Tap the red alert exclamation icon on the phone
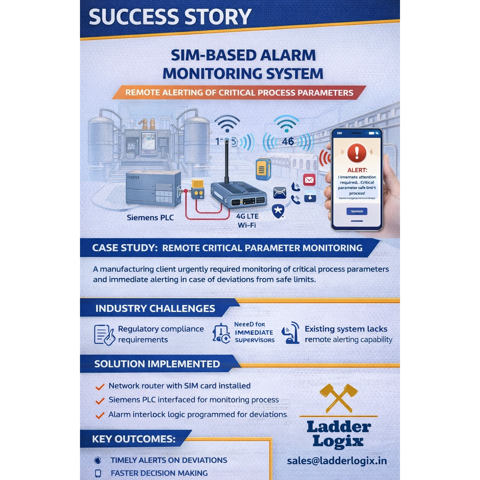[357, 153]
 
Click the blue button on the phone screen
[357, 212]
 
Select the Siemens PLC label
[150, 218]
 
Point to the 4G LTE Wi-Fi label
[247, 221]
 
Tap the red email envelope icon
[309, 180]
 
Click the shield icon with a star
[278, 211]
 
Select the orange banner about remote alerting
[239, 93]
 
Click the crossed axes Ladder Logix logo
[339, 398]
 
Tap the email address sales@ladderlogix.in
[337, 461]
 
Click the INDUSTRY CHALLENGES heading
[155, 308]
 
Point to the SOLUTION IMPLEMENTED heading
[157, 364]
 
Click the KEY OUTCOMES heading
[134, 439]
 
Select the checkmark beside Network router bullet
[100, 387]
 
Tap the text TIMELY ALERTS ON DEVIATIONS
[169, 460]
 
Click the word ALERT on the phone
[357, 170]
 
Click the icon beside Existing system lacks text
[291, 333]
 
